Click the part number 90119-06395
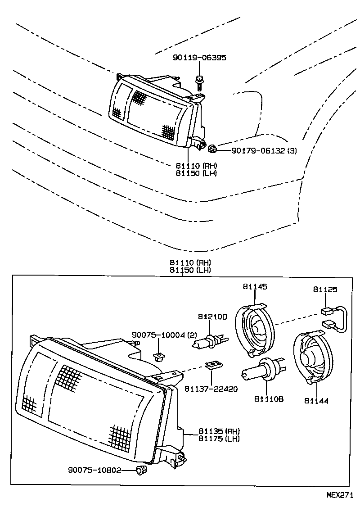tap(199, 58)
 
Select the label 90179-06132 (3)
tap(264, 151)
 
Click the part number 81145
tap(255, 286)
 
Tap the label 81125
tap(325, 290)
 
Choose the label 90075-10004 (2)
tap(165, 335)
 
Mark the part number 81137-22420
tap(211, 389)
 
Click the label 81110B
tap(269, 399)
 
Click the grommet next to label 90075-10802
tap(141, 471)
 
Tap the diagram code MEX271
tap(341, 494)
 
